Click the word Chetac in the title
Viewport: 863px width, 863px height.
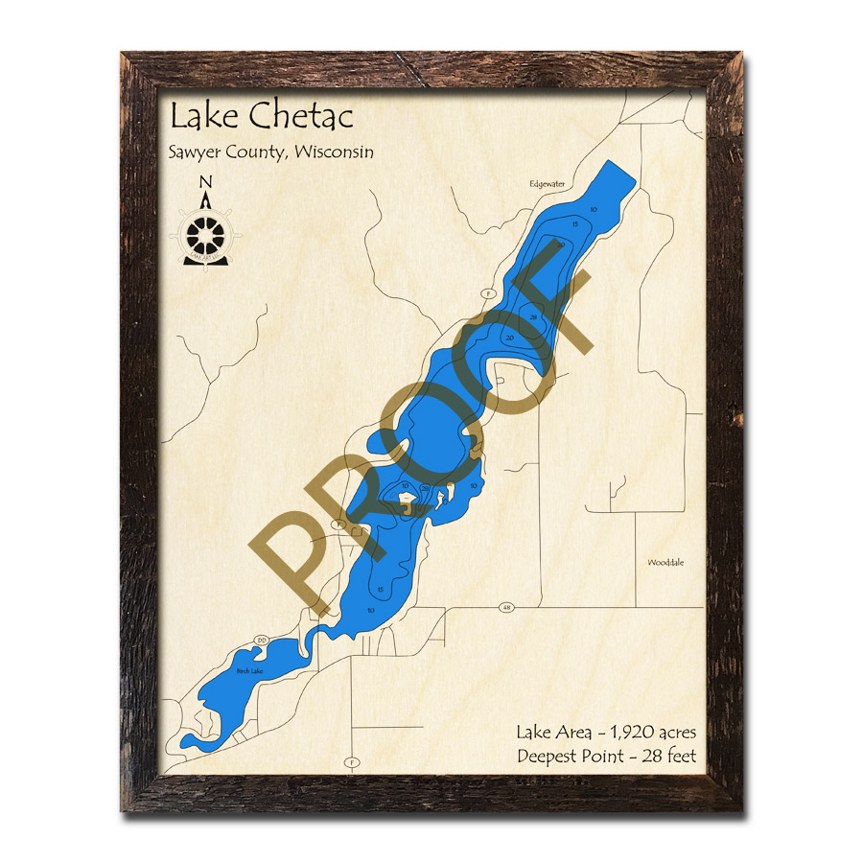pyautogui.click(x=302, y=117)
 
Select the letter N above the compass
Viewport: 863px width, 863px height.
pyautogui.click(x=204, y=182)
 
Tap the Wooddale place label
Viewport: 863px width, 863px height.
pyautogui.click(x=665, y=562)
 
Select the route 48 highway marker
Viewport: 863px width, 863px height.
pyautogui.click(x=505, y=607)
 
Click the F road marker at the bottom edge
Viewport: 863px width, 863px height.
pyautogui.click(x=354, y=763)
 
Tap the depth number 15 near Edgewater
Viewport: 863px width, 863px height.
pyautogui.click(x=574, y=223)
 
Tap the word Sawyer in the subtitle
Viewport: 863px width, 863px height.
pyautogui.click(x=194, y=152)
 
